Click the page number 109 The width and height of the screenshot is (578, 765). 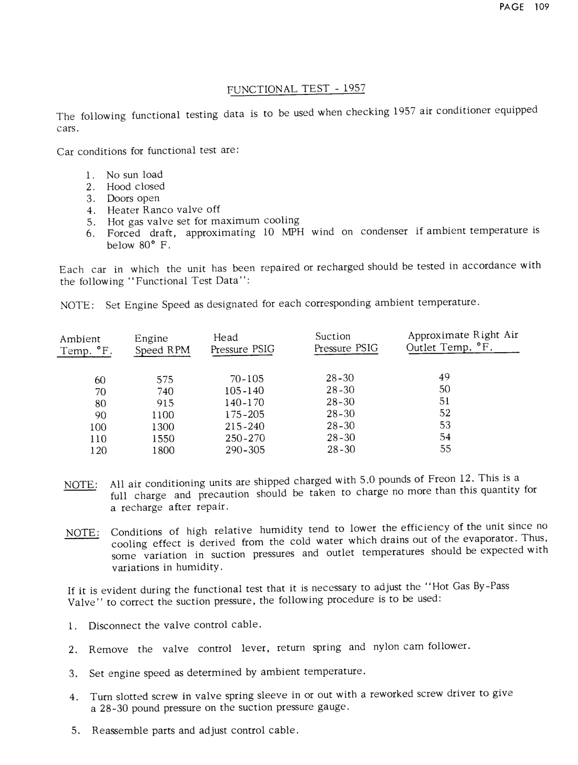tap(542, 7)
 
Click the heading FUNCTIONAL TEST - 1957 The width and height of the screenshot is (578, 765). tap(296, 89)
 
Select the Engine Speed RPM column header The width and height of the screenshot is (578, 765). tap(162, 344)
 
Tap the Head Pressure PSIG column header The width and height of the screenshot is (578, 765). tap(242, 343)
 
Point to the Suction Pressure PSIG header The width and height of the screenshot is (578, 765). tap(345, 342)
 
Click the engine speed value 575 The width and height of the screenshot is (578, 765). tap(165, 379)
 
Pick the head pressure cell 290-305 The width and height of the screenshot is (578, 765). tap(245, 450)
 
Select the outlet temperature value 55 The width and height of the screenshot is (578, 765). tap(445, 449)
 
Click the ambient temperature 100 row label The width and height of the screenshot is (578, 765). tap(98, 427)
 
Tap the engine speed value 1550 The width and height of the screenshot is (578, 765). tap(163, 439)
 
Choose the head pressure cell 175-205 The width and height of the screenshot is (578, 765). tap(245, 414)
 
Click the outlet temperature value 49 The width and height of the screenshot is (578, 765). tap(445, 377)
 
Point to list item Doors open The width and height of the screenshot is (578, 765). tap(133, 198)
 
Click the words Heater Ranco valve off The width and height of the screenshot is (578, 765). tap(164, 210)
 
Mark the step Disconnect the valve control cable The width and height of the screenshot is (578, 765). tap(175, 625)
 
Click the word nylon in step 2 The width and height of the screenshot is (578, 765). tap(386, 647)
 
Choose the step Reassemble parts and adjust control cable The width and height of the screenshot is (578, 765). tap(195, 730)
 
